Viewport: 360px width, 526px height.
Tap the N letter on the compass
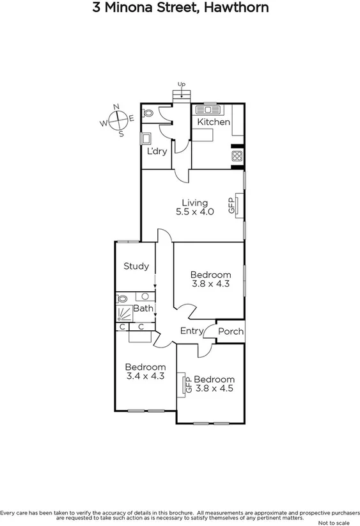point(116,107)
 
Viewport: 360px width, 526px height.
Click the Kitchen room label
point(213,122)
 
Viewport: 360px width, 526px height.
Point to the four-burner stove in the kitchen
point(237,156)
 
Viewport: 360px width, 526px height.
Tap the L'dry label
point(157,152)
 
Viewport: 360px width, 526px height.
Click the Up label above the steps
point(182,84)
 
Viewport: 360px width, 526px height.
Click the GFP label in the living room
point(231,205)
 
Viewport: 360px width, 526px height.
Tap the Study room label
point(136,266)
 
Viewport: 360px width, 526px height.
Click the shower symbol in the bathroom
point(123,313)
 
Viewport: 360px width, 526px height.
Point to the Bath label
point(143,308)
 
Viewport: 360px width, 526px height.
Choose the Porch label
point(230,331)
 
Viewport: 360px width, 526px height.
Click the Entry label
point(191,331)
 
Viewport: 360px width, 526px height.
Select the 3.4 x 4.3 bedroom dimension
point(145,376)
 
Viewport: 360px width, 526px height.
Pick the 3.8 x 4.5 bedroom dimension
point(214,388)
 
